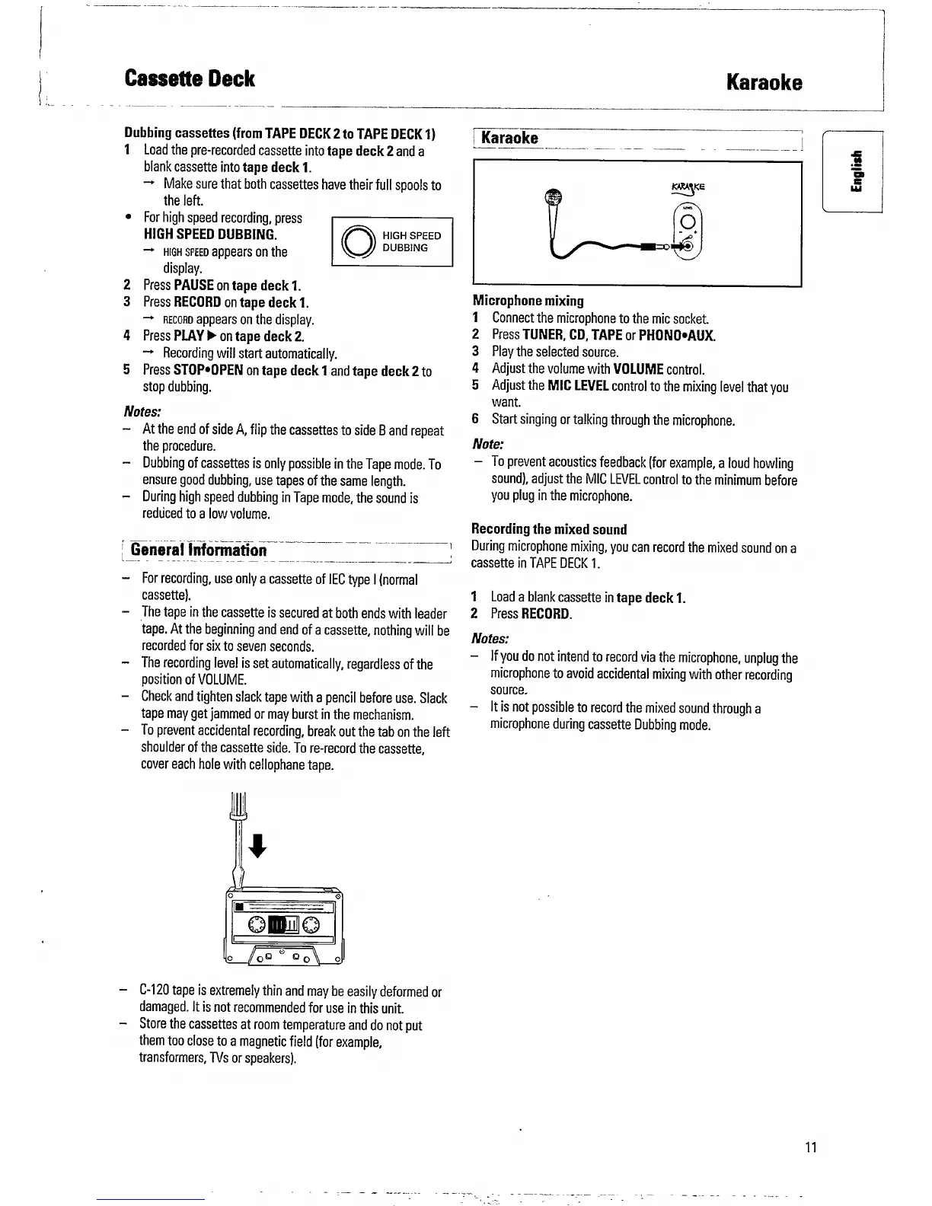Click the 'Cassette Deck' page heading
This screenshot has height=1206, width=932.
tap(190, 79)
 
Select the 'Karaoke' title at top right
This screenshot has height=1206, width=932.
tap(764, 82)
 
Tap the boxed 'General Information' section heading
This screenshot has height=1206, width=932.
tap(199, 550)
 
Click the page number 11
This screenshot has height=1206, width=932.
tap(810, 1147)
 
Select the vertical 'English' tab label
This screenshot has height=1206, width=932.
tap(857, 172)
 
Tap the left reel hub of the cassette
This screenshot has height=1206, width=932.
tap(257, 925)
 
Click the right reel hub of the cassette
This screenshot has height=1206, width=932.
tap(312, 925)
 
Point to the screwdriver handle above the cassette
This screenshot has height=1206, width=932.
tap(238, 807)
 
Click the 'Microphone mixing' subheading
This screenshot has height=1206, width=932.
tap(528, 301)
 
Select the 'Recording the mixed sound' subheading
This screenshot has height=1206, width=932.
tap(549, 529)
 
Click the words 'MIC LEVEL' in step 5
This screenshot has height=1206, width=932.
tap(578, 386)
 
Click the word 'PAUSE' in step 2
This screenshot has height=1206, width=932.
tap(193, 286)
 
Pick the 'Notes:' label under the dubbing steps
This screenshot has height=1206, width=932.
tap(142, 411)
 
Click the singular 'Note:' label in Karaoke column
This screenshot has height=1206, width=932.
tap(488, 444)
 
